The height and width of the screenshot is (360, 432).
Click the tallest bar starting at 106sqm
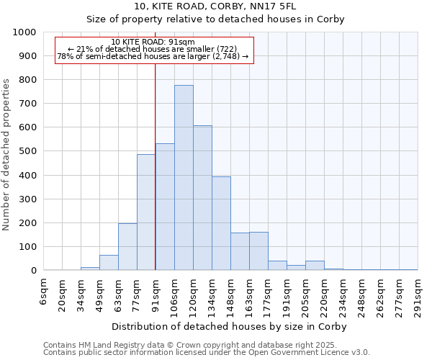[x=184, y=178]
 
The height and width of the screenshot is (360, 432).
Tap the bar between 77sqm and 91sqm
[x=146, y=212]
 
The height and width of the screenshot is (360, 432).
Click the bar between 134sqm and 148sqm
[x=221, y=223]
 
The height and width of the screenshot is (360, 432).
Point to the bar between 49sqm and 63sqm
[x=109, y=263]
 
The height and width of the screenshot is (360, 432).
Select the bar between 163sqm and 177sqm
[x=258, y=251]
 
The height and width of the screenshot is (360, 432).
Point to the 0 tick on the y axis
[x=33, y=271]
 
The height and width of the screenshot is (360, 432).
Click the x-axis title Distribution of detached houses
[x=229, y=326]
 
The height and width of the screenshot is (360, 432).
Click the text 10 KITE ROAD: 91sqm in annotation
[x=153, y=42]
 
